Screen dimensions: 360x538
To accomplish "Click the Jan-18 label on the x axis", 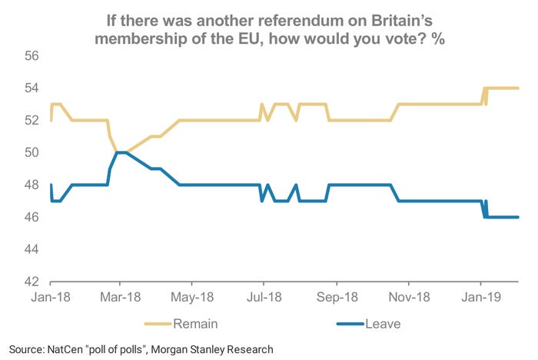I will click(x=51, y=296).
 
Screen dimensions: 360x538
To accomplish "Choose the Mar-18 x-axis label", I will click(x=122, y=296).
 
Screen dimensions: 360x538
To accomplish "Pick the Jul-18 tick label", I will click(x=262, y=296).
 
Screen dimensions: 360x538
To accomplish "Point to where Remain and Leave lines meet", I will click(x=121, y=152).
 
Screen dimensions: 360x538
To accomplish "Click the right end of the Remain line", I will click(x=519, y=88).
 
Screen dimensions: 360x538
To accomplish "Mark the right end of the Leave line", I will click(x=519, y=217).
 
